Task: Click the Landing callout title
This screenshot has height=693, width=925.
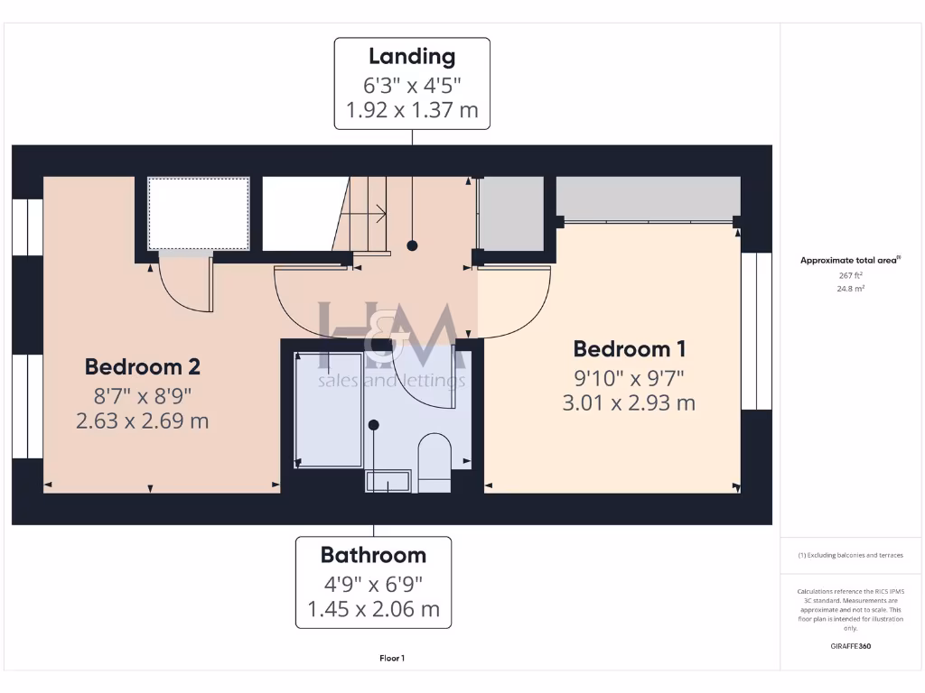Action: (412, 56)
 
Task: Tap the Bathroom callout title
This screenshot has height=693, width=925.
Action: (373, 554)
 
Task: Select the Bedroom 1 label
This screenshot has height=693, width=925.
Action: (629, 348)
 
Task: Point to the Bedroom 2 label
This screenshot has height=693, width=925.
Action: (142, 366)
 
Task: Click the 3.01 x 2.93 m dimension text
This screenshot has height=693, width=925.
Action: (629, 402)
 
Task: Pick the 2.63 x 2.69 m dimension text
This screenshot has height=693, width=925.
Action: (142, 420)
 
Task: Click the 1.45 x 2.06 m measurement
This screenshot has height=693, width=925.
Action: (373, 609)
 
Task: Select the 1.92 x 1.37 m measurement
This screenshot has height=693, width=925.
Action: (412, 112)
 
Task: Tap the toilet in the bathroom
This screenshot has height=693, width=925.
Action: (435, 460)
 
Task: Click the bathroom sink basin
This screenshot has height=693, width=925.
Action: (388, 482)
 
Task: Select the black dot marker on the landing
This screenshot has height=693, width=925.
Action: (412, 245)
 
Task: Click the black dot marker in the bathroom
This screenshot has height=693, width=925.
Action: (373, 425)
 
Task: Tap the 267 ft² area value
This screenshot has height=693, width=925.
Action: (850, 275)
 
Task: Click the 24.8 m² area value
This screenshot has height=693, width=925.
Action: (850, 289)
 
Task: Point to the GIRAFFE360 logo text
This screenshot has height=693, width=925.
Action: (850, 646)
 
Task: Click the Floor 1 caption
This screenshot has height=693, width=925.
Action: (392, 658)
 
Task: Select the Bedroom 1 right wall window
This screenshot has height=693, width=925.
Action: (756, 331)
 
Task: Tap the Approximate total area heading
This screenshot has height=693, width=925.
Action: (849, 261)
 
